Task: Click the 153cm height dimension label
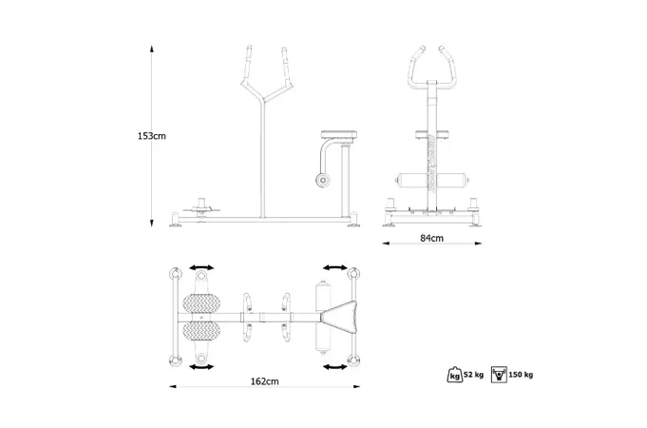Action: click(152, 136)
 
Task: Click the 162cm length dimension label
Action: click(264, 381)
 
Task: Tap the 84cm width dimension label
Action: click(432, 238)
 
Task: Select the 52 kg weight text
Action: click(474, 375)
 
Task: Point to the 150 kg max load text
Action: click(521, 375)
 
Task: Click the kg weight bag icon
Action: click(455, 375)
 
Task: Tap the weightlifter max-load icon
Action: click(500, 375)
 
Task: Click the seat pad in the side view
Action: click(339, 135)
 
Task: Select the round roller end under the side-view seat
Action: click(323, 180)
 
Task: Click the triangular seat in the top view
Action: click(340, 318)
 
